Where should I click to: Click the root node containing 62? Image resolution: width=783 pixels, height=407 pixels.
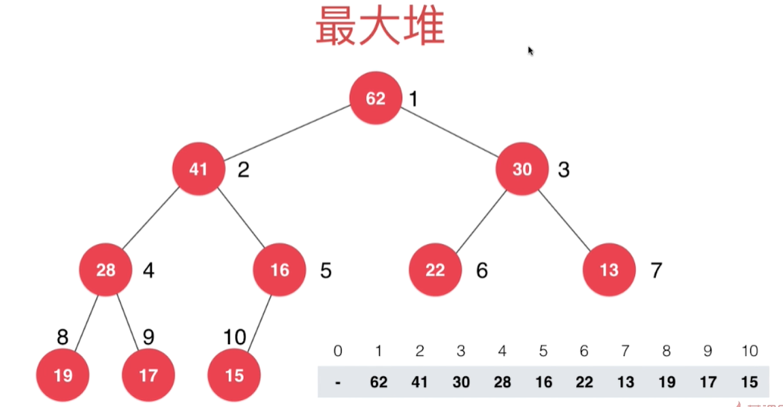click(x=375, y=99)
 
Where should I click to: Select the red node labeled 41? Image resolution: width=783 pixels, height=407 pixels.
click(x=198, y=169)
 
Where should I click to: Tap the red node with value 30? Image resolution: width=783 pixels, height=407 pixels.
click(x=522, y=169)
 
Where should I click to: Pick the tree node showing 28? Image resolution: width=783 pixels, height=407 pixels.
click(x=106, y=271)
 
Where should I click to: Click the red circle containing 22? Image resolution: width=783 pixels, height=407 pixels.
click(x=435, y=271)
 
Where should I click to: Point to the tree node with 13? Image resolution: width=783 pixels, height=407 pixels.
click(x=609, y=271)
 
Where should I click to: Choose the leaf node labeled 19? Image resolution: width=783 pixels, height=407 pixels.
click(x=63, y=375)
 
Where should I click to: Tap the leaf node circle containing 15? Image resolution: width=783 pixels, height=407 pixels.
click(x=234, y=375)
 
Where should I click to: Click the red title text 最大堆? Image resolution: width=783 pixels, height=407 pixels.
click(x=380, y=28)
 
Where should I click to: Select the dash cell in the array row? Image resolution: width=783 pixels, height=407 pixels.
click(x=338, y=382)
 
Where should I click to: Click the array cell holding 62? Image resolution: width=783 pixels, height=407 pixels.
click(x=379, y=382)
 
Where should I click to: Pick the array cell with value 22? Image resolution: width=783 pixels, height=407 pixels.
click(x=584, y=382)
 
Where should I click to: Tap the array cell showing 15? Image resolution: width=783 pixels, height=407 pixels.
click(x=748, y=382)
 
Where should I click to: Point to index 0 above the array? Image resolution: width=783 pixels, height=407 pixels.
click(x=338, y=352)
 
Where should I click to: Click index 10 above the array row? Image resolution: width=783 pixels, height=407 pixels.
click(x=748, y=352)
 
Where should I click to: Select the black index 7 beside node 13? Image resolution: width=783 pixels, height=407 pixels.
click(x=656, y=271)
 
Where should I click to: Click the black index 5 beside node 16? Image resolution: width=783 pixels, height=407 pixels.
click(x=326, y=271)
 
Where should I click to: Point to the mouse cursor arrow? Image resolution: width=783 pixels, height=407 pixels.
click(x=530, y=50)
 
